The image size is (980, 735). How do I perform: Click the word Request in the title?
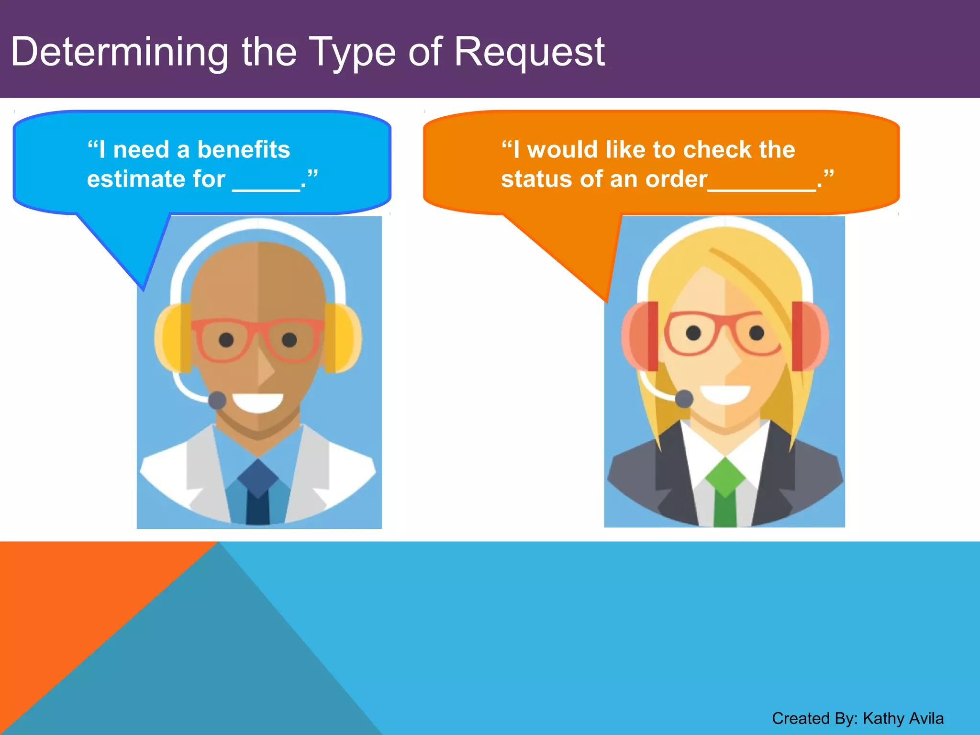tap(529, 52)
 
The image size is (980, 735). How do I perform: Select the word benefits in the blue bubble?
tap(244, 149)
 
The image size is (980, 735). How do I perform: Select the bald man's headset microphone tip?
tap(217, 400)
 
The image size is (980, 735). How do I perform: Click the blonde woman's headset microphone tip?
tap(684, 398)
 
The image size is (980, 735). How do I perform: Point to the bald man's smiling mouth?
tap(258, 402)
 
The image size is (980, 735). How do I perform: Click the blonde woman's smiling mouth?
tap(725, 394)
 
